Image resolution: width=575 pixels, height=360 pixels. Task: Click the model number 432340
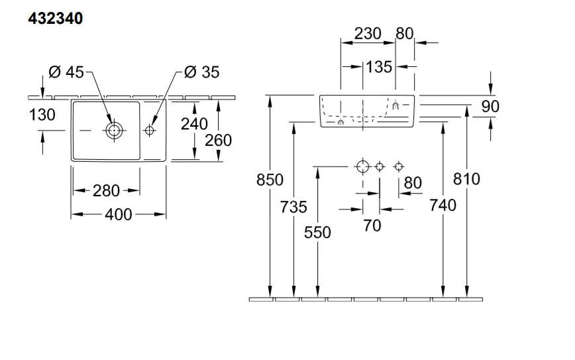(56, 19)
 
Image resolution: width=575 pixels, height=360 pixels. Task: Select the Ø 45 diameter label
(66, 72)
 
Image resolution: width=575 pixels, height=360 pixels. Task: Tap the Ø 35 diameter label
(202, 72)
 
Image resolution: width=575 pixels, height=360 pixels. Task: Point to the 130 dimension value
(42, 115)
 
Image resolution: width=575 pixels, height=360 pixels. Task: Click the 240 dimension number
(194, 123)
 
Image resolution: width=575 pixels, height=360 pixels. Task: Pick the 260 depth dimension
(219, 141)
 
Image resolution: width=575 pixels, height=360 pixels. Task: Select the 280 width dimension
(106, 191)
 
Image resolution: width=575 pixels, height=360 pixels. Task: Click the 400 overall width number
(119, 214)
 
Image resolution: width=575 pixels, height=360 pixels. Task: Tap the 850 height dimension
(270, 180)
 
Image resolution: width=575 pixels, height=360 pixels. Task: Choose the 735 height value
(293, 207)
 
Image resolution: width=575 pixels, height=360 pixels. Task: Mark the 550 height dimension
(318, 232)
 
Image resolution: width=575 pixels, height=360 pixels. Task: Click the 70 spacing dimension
(372, 225)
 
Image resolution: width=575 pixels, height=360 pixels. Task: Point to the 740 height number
(443, 206)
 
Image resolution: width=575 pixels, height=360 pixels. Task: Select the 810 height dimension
(467, 178)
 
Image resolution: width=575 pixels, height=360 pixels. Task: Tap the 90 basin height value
(491, 106)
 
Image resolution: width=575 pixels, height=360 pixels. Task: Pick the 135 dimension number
(378, 67)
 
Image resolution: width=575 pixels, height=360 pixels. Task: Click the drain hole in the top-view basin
(114, 131)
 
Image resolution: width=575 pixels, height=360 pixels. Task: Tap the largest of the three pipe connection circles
(362, 166)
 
